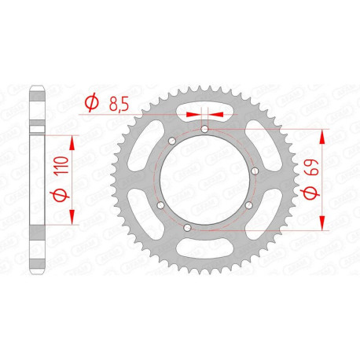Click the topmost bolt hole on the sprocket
204,129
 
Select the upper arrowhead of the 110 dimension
74,142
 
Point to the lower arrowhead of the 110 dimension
74,218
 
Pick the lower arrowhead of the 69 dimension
321,226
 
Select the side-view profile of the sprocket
36,180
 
